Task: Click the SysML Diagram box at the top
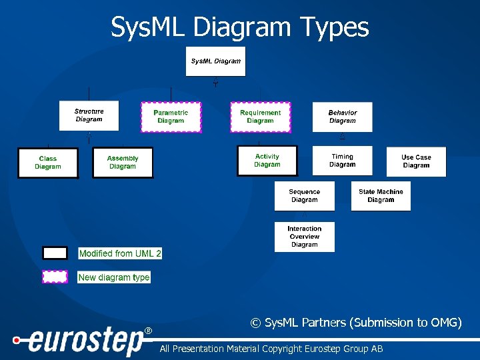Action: coord(215,61)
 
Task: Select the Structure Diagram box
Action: coord(89,116)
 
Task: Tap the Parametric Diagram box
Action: coord(171,117)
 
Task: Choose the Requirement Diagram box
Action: coord(260,117)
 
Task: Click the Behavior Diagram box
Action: coord(342,117)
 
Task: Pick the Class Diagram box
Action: coord(48,163)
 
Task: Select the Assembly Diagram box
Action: coord(123,163)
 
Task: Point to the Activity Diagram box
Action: coord(267,161)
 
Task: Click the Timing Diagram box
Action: coord(342,161)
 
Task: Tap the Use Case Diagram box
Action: coord(416,161)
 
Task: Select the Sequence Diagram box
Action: coord(304,196)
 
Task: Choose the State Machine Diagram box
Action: coord(381,196)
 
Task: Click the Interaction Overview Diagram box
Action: coord(304,237)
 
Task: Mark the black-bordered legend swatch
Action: coord(55,253)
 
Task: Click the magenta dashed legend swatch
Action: coord(55,277)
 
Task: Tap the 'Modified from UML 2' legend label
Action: coord(120,253)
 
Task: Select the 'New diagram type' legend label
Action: coord(114,277)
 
